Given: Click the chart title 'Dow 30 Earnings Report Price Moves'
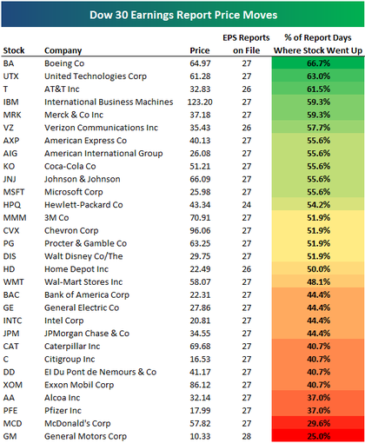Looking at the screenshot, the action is pos(183,15).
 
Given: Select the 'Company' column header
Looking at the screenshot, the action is pos(63,50).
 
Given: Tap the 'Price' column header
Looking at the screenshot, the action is pos(200,50).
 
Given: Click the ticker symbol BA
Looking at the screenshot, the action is pos(9,63).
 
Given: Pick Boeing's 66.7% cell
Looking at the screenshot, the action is pos(318,63).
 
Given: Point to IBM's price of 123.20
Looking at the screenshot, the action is pos(200,102).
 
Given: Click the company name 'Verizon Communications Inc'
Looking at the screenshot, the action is pos(101,128).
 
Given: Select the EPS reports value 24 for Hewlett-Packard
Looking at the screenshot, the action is pos(247,205).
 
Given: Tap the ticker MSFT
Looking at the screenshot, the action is pos(14,192).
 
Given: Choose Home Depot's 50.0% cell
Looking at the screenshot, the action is pos(318,269).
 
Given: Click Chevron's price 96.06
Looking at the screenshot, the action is pos(200,230).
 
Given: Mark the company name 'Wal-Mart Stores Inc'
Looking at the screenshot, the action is pos(83,282).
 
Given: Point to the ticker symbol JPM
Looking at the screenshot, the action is pos(11,334).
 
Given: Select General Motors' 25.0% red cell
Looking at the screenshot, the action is pos(318,436).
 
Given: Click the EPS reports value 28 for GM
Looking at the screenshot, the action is pos(247,436).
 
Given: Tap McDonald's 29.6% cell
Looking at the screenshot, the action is pos(318,423).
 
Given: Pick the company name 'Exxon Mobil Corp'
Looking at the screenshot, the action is pos(79,385).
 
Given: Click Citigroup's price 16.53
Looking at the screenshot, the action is pos(200,360).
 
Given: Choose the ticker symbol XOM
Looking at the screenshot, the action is pos(13,385).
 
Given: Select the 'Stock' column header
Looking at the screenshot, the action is pos(14,50).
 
